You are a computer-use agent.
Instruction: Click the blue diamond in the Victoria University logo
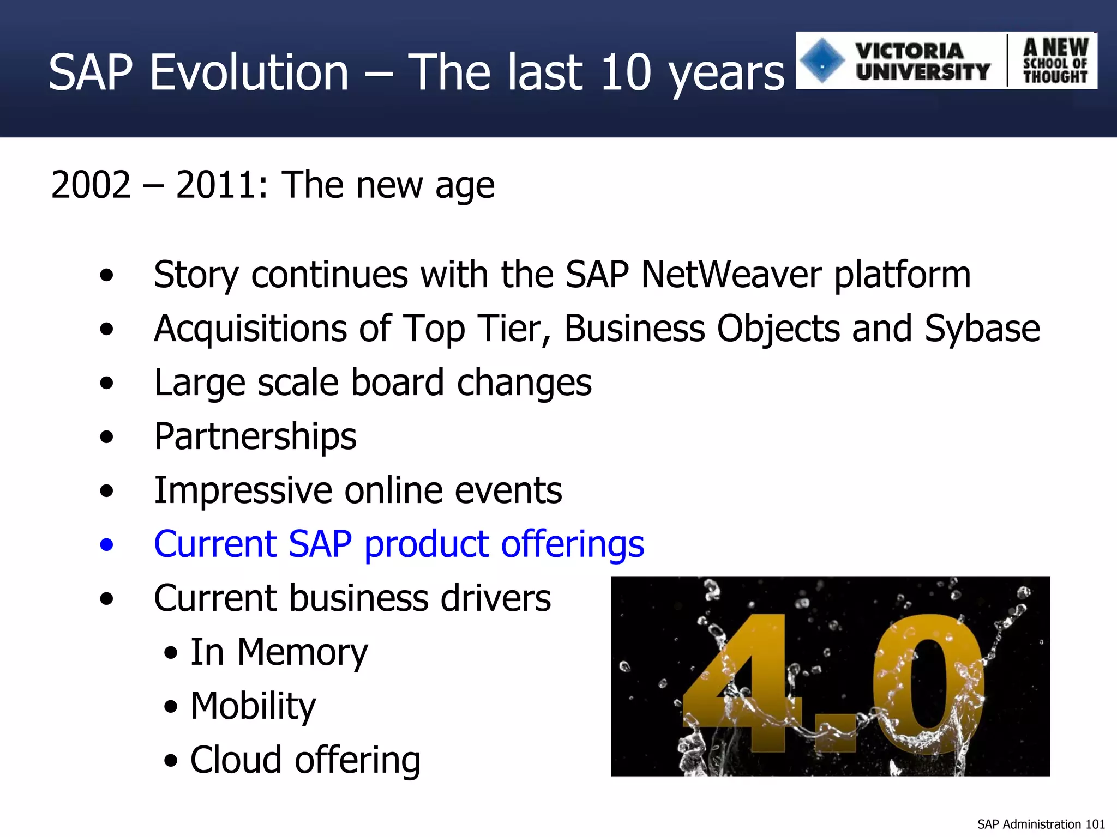tap(822, 60)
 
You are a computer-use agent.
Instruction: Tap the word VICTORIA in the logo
tap(909, 51)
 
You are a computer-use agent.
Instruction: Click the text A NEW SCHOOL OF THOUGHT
tap(1055, 60)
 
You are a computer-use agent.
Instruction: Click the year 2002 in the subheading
tap(91, 185)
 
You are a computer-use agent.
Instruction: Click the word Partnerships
tap(255, 436)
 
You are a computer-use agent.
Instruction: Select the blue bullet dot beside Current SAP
tap(107, 544)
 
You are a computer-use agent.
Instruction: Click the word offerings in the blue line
tap(573, 544)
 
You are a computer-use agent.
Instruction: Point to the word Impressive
tap(243, 490)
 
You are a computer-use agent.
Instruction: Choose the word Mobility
tap(253, 706)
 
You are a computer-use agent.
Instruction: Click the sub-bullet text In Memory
tap(279, 652)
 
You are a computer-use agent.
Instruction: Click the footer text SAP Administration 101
tap(1041, 824)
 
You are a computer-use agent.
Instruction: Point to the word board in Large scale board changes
tap(397, 383)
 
